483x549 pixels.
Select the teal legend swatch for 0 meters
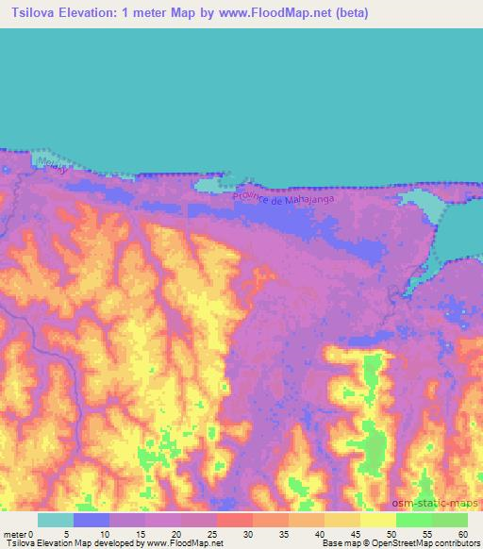[x=56, y=520]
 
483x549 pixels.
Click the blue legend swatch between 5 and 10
[x=92, y=520]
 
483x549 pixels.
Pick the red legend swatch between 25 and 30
[x=235, y=520]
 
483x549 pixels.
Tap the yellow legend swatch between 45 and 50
[x=377, y=520]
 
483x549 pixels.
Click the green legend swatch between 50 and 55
[x=413, y=520]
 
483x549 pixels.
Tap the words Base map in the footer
[x=335, y=543]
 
